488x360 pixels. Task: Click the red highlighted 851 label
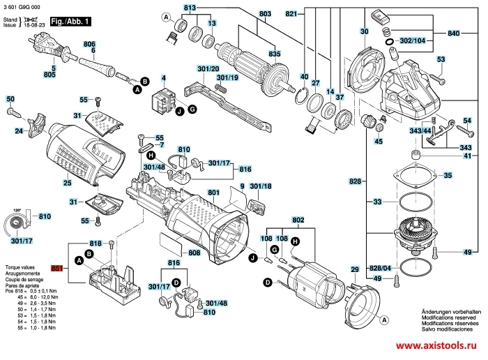click(x=57, y=268)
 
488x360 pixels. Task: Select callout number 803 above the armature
click(x=245, y=13)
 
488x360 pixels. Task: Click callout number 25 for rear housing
click(x=67, y=183)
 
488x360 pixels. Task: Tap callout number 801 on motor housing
click(x=213, y=192)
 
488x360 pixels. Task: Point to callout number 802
click(x=298, y=220)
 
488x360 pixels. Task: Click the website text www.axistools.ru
click(x=439, y=347)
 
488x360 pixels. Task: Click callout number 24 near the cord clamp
click(x=20, y=130)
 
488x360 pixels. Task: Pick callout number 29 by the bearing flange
click(x=354, y=269)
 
